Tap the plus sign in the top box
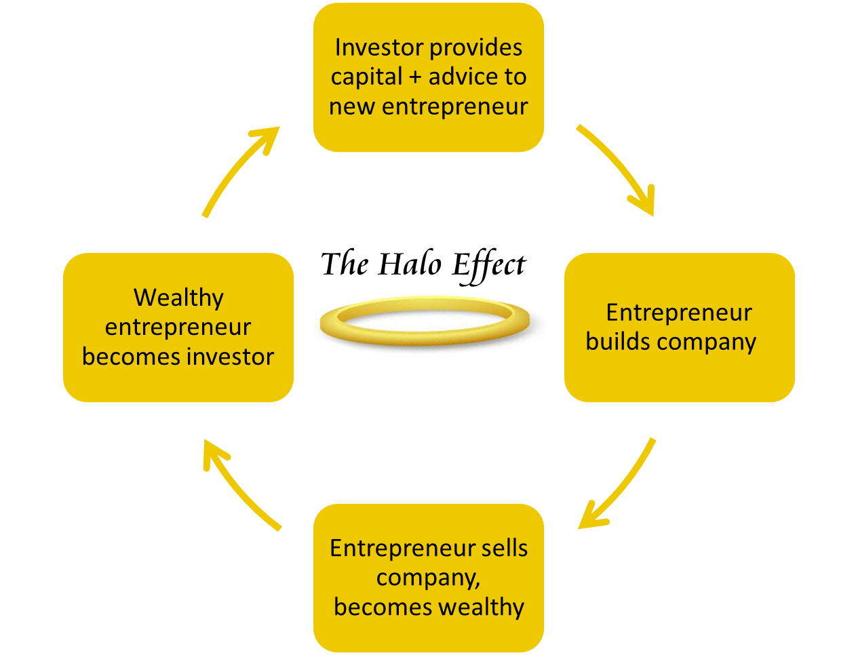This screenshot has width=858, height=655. click(415, 77)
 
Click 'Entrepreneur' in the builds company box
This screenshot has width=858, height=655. click(679, 313)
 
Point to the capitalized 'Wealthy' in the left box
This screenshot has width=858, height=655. click(178, 298)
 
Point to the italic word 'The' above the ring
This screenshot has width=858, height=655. click(347, 264)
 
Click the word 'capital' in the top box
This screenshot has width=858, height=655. click(366, 77)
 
